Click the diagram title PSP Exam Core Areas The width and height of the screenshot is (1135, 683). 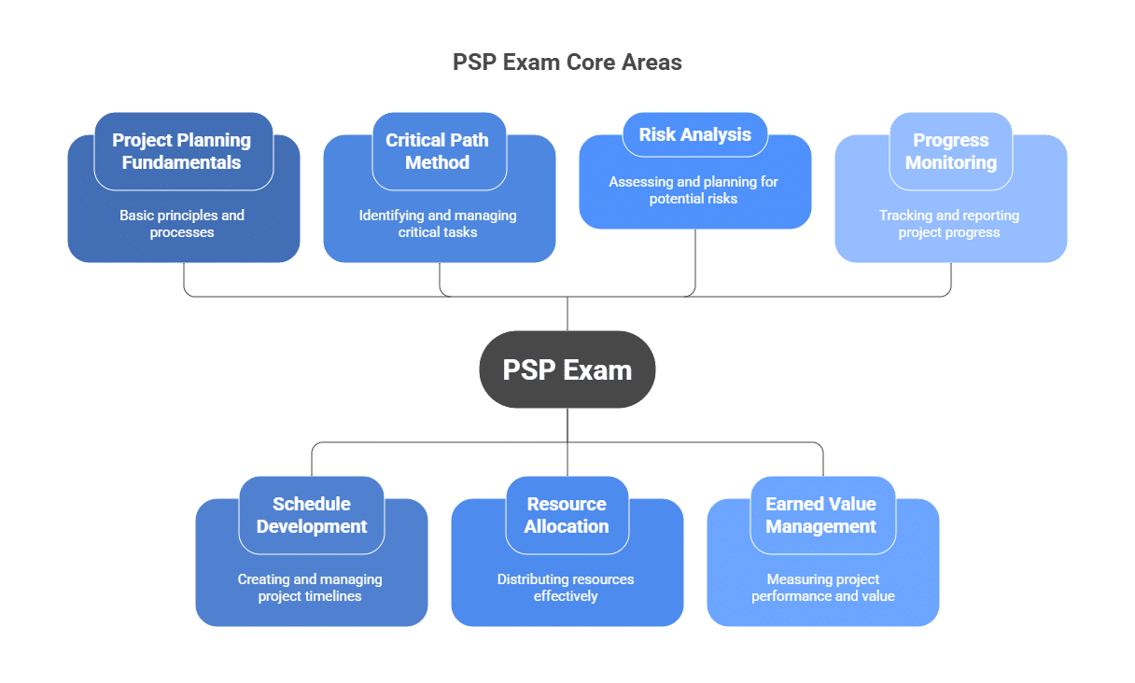pos(567,63)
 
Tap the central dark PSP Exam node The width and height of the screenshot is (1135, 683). pos(567,369)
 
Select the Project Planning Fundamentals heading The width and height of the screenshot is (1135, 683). pos(182,151)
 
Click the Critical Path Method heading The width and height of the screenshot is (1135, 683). pos(437,151)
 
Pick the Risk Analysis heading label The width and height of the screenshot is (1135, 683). pos(694,134)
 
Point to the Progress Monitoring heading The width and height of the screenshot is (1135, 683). pos(949,151)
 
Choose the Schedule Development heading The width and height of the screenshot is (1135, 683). pos(312,515)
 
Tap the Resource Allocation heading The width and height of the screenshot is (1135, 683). pos(567,515)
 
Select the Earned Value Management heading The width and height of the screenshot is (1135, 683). pos(821,515)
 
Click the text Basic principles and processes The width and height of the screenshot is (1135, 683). pos(182,224)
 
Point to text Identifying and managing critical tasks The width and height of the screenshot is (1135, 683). pos(438,224)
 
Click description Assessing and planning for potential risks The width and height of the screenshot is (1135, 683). pos(694,190)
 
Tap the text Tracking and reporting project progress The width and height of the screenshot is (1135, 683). pos(949,224)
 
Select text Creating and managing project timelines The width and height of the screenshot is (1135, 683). pos(310,588)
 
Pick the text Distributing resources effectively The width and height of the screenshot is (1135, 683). pos(566,588)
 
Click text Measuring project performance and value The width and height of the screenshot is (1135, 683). pos(822,588)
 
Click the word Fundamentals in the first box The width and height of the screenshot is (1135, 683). pos(182,162)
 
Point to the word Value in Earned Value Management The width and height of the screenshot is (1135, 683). pos(852,504)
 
